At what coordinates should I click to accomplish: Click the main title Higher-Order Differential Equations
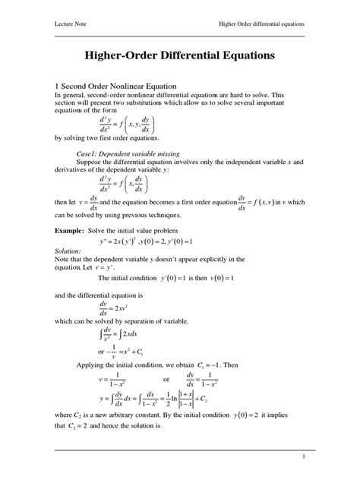tap(179, 56)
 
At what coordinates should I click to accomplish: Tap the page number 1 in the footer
tap(302, 456)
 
